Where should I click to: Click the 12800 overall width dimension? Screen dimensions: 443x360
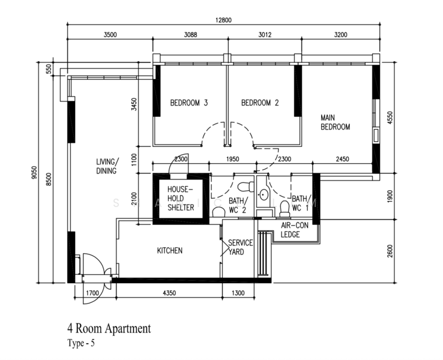click(223, 20)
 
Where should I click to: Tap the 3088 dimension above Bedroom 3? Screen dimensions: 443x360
click(190, 35)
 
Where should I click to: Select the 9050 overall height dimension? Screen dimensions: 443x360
click(34, 172)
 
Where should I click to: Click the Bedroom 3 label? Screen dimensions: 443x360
click(188, 103)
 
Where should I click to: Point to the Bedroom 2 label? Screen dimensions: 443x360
click(260, 103)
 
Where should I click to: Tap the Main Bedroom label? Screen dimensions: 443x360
click(336, 122)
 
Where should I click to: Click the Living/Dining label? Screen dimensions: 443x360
click(107, 166)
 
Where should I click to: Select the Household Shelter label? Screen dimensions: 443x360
click(181, 198)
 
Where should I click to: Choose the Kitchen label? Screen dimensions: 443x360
click(170, 250)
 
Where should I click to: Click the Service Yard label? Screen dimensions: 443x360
click(241, 247)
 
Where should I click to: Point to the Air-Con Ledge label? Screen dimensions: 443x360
click(294, 230)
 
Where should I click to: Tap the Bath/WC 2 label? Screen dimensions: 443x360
click(238, 205)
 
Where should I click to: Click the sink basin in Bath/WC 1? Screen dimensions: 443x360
click(264, 194)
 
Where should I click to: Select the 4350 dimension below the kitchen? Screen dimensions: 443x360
click(169, 293)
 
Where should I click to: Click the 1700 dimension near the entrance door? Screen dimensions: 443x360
click(92, 293)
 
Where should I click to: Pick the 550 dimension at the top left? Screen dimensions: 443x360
click(49, 69)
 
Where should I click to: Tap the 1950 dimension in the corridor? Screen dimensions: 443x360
click(232, 159)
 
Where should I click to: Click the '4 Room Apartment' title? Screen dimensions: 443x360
click(109, 329)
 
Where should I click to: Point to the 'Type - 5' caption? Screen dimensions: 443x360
click(81, 343)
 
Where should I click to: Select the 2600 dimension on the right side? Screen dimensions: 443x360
click(390, 251)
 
